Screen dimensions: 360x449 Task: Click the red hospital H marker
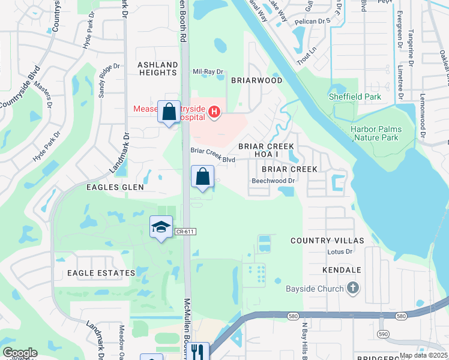click(214, 111)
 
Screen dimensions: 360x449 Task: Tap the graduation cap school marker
click(160, 227)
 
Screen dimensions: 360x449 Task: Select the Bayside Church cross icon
click(354, 289)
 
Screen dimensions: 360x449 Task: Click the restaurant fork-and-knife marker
click(199, 352)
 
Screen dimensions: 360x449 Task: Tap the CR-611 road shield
click(187, 231)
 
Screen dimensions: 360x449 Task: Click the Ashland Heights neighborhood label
click(158, 68)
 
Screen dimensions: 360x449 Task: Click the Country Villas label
click(327, 241)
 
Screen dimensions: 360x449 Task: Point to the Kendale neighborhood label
click(342, 271)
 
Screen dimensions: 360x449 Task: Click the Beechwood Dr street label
click(274, 180)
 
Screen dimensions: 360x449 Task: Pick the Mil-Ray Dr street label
click(208, 71)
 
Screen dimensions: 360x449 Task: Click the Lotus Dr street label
click(338, 252)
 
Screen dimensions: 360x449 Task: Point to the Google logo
click(20, 353)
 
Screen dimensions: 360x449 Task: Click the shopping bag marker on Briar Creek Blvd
click(203, 177)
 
